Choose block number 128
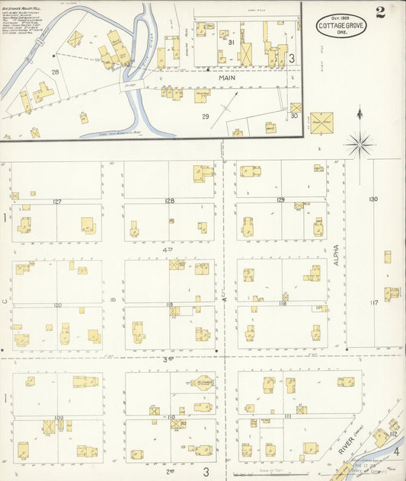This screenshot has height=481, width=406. (x=168, y=201)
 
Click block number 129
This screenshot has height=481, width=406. (x=280, y=200)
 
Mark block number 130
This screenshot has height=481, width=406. (x=373, y=199)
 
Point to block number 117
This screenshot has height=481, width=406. (x=374, y=303)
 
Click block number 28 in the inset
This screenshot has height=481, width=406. (x=55, y=72)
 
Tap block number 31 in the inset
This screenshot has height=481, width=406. (x=230, y=43)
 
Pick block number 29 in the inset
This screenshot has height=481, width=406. (x=204, y=116)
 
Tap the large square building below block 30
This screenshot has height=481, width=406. (x=321, y=122)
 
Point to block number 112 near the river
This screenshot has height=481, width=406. (x=393, y=435)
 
